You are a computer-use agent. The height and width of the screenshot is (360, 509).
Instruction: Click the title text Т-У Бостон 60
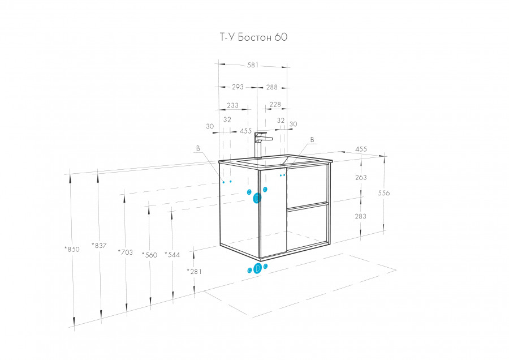pos(253,37)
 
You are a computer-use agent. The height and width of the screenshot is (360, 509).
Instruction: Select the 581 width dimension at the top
pos(253,65)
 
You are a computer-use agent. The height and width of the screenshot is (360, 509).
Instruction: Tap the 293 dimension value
pos(238,87)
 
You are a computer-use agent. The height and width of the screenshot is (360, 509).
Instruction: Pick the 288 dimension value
pos(271,87)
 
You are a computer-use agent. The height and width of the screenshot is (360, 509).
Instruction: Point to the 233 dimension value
pos(232,105)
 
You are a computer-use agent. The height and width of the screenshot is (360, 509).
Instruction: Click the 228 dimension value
pos(275,104)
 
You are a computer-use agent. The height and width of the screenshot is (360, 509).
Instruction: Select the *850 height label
pos(72,249)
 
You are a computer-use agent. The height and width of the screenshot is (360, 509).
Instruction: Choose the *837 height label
pos(99,246)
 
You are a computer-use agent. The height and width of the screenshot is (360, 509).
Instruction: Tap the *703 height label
pos(126,252)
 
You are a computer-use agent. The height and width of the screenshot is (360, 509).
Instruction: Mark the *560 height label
pos(149,255)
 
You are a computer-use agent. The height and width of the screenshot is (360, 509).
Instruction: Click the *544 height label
pos(172,255)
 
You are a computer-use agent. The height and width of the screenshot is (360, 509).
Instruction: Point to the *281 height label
pos(194,271)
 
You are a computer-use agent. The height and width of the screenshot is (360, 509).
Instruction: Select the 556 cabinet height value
pos(383,193)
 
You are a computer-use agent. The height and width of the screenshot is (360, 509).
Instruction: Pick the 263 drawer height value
pos(361,177)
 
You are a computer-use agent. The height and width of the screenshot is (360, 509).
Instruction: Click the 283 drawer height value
pos(360,216)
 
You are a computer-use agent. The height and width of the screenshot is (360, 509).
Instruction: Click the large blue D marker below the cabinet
pos(257,269)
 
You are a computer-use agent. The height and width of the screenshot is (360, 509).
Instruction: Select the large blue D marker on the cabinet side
pos(257,198)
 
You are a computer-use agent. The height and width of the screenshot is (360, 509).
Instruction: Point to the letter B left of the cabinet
pos(198,148)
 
